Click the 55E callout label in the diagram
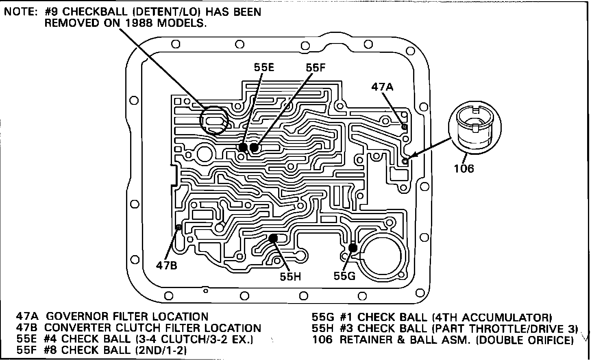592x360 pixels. click(264, 67)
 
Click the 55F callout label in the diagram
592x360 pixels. click(316, 67)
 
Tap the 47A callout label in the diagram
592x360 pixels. click(382, 86)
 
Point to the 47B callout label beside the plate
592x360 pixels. click(167, 265)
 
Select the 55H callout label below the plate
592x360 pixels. click(290, 276)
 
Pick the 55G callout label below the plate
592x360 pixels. click(344, 276)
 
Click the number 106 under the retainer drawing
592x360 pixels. click(464, 168)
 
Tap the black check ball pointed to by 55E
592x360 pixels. click(243, 147)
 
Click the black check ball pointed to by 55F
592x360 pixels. click(254, 147)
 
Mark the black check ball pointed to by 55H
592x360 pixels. click(273, 238)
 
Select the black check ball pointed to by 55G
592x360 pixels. click(353, 247)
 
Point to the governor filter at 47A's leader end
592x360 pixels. click(404, 127)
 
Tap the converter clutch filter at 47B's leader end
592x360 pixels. click(178, 227)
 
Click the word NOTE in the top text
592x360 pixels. click(20, 12)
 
